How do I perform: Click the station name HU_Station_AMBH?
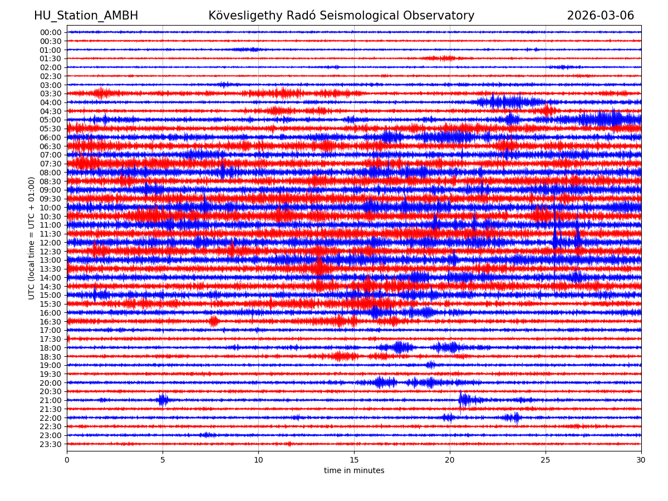(x=86, y=16)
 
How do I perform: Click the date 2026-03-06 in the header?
(x=600, y=16)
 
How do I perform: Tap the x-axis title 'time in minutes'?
(x=354, y=470)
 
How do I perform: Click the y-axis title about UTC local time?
(x=32, y=238)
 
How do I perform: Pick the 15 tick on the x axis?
(x=354, y=460)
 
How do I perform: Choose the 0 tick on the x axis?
(x=67, y=460)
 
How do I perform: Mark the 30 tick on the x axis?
(x=641, y=460)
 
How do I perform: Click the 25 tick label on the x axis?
(x=546, y=460)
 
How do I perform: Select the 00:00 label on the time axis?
(x=51, y=32)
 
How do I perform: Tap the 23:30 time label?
(x=51, y=444)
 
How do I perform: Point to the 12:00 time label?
(x=51, y=243)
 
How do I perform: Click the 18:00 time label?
(x=51, y=348)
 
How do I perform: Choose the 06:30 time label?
(x=51, y=146)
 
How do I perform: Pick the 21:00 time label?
(x=51, y=400)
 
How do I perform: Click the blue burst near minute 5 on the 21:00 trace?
(x=163, y=400)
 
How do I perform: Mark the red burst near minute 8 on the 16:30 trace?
(x=214, y=321)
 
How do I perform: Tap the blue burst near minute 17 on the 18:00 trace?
(x=400, y=347)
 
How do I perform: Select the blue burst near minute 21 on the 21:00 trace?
(x=464, y=400)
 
